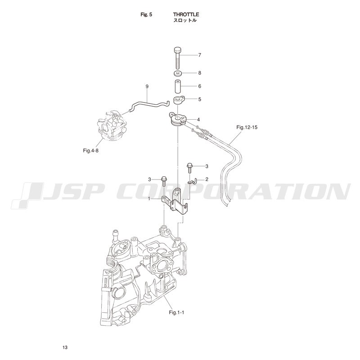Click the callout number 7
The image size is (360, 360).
(199, 55)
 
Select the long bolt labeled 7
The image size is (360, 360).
(178, 58)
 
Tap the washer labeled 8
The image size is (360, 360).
(178, 73)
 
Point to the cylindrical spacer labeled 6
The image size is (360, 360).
(178, 86)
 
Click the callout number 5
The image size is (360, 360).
(199, 99)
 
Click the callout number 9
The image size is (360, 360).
(147, 86)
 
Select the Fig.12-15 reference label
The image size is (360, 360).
(247, 127)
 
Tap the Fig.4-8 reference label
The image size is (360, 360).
(91, 151)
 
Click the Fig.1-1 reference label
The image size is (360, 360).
(176, 312)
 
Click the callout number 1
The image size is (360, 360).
(149, 199)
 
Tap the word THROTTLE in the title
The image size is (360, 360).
(186, 14)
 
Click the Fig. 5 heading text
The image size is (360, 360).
(146, 14)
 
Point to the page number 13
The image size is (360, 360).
(65, 347)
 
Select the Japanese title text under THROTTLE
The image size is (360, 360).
(185, 20)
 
